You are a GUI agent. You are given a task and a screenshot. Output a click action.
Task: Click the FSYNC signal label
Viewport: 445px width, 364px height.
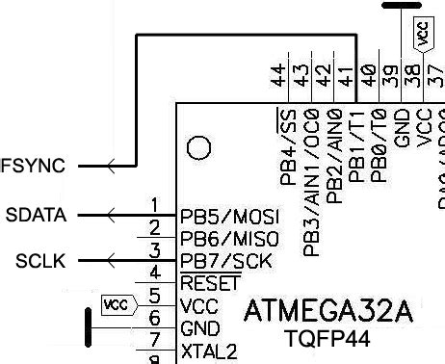[34, 167]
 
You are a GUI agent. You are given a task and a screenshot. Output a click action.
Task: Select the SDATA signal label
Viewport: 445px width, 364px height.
[36, 214]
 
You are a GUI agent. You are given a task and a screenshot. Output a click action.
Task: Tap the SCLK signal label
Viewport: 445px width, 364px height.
[40, 260]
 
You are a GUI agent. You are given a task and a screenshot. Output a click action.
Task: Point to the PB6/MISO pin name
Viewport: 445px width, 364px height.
[229, 237]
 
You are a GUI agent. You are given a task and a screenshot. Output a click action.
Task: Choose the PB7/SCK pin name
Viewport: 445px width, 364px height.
[225, 261]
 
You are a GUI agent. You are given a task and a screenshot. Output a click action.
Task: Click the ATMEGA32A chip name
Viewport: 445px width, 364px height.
[328, 312]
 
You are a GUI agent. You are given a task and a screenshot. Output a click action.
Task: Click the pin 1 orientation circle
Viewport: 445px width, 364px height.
[198, 147]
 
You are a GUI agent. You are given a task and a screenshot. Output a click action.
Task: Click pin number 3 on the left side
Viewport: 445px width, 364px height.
[154, 250]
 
